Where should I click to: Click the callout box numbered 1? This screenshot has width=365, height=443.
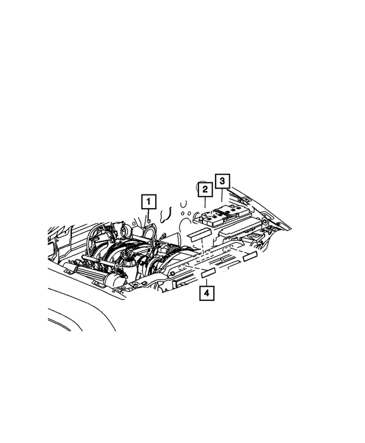[x=148, y=201]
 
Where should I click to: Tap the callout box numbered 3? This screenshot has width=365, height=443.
[x=223, y=181]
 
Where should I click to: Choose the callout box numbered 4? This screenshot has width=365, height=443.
[x=207, y=294]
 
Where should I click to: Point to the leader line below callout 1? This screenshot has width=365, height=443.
[x=148, y=214]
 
